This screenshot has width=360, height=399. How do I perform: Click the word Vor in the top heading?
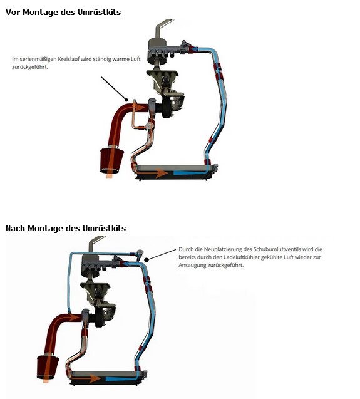coord(13,12)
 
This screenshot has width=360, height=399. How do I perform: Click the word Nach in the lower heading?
coord(16,228)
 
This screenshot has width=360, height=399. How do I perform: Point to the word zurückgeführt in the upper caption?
coord(29,67)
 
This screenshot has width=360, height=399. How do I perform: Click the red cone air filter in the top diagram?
coord(111,160)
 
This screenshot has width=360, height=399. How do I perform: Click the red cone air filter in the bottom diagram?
coord(48,366)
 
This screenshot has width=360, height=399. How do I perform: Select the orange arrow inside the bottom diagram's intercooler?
coord(86,378)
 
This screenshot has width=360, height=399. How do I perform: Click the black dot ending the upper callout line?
coord(126,100)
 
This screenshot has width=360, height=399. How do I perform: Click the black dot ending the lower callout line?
coord(147,260)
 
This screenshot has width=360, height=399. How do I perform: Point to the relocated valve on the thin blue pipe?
coord(140,254)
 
